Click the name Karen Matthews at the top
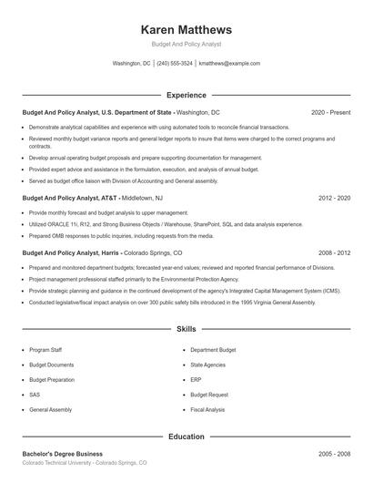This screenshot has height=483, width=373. point(186,29)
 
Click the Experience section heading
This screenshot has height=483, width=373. point(186,95)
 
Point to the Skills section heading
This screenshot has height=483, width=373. point(186,328)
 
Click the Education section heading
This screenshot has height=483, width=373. point(186,437)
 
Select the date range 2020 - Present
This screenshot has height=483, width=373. point(330,112)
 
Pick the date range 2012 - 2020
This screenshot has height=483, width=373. point(334,198)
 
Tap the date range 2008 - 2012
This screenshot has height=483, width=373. point(334,252)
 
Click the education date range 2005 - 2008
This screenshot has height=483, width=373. point(334,453)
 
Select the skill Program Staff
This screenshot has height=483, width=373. point(45,349)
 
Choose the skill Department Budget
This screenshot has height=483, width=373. point(213,349)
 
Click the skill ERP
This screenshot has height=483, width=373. point(196,379)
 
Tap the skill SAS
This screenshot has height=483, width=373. point(35,395)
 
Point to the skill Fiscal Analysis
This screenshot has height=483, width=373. point(207,410)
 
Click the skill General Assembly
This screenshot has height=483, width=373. point(50,410)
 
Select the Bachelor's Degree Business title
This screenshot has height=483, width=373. point(62,453)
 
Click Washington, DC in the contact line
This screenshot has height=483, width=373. point(131,64)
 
